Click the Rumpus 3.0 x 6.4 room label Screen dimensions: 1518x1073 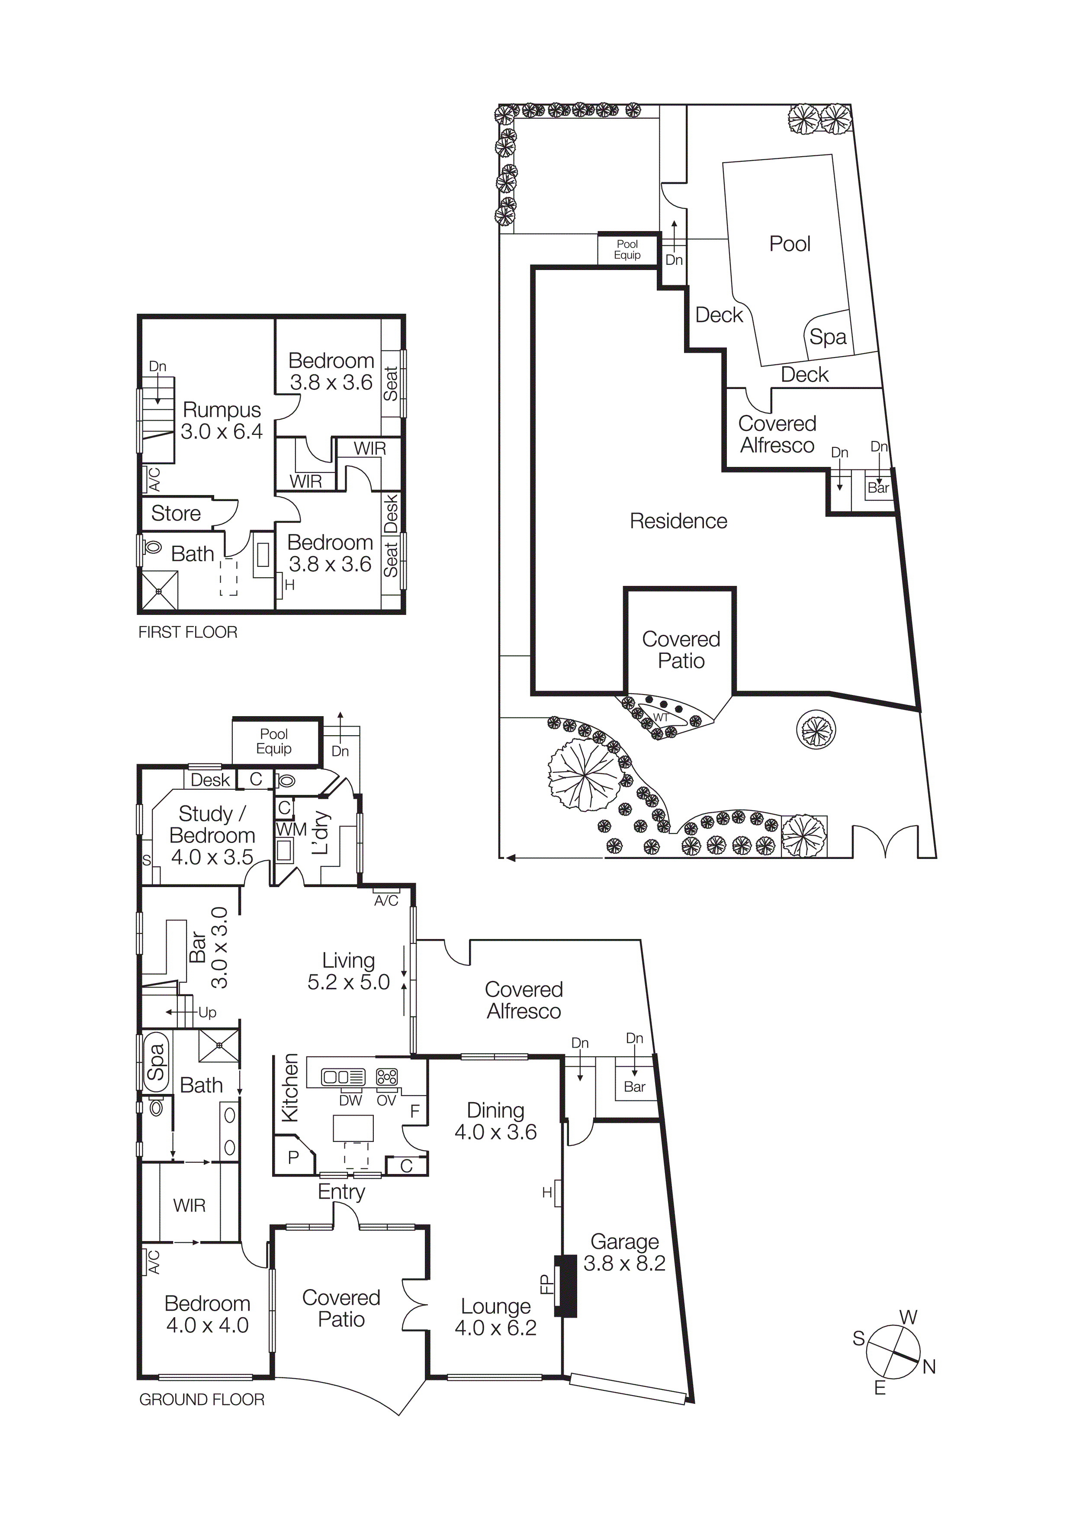pyautogui.click(x=222, y=421)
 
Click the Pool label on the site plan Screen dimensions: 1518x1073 pyautogui.click(x=789, y=244)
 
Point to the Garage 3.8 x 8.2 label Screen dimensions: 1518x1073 pyautogui.click(x=624, y=1252)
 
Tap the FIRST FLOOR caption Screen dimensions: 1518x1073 pyautogui.click(x=188, y=632)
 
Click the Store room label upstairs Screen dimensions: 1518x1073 pyautogui.click(x=176, y=513)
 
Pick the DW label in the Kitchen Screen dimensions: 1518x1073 pyautogui.click(x=350, y=1100)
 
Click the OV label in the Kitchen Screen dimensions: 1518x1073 pyautogui.click(x=386, y=1100)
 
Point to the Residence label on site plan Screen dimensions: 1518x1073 pyautogui.click(x=678, y=521)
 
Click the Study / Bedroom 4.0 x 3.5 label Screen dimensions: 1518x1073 pyautogui.click(x=212, y=835)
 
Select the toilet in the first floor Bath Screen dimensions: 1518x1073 pyautogui.click(x=154, y=547)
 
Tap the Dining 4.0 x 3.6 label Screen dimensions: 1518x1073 pyautogui.click(x=495, y=1121)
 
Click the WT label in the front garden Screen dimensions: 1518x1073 pyautogui.click(x=661, y=717)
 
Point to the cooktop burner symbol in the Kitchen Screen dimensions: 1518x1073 pyautogui.click(x=387, y=1077)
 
